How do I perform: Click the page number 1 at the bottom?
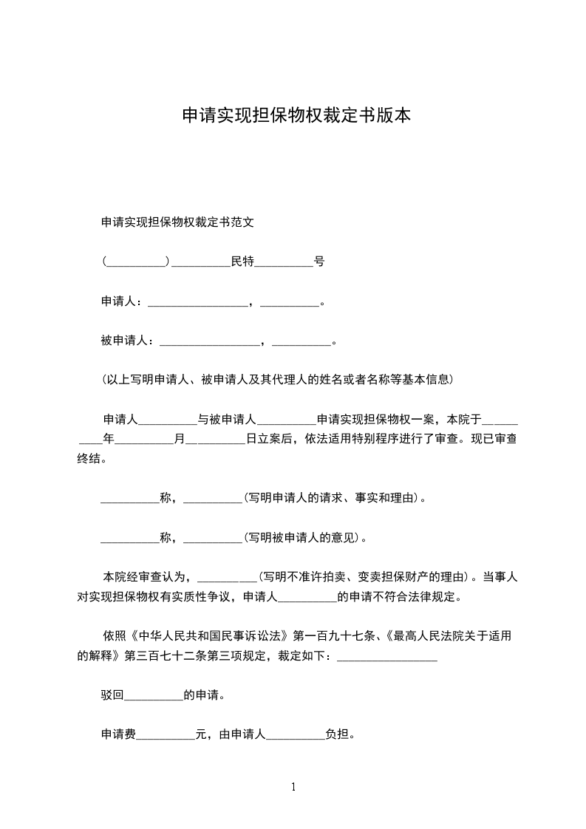tap(293, 787)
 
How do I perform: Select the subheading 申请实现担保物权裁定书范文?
tap(177, 222)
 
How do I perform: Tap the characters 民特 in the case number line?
tap(242, 262)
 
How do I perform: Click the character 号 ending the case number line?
tap(319, 262)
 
